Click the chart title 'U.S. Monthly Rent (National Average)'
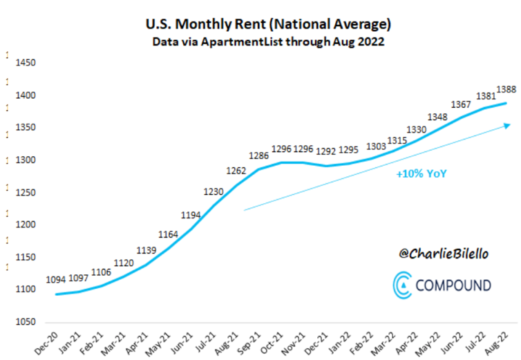[269, 25]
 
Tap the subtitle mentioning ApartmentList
[269, 42]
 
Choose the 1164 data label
[167, 235]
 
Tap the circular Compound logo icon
[403, 285]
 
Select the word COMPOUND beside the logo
[453, 285]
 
